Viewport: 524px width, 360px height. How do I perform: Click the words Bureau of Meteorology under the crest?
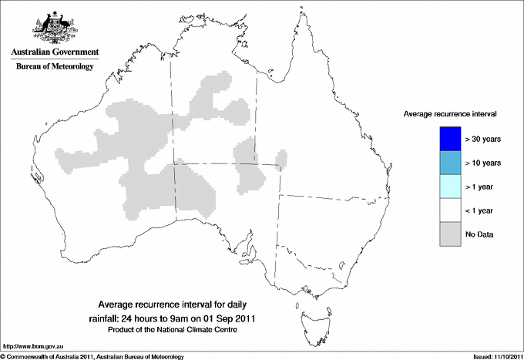point(55,67)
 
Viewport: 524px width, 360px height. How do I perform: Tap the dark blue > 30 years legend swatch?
point(449,139)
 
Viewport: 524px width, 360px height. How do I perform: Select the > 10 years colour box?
point(449,163)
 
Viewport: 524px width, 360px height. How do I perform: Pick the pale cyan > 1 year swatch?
point(449,187)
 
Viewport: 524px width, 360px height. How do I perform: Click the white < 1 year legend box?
point(449,210)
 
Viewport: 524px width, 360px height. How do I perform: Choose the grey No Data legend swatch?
point(449,234)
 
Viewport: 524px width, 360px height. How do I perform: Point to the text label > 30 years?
point(483,140)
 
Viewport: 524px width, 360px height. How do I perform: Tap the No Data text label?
point(479,234)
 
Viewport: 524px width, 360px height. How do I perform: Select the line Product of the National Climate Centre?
point(177,329)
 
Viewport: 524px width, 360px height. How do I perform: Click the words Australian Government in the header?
point(55,52)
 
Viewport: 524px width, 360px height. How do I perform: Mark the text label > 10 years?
point(483,163)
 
